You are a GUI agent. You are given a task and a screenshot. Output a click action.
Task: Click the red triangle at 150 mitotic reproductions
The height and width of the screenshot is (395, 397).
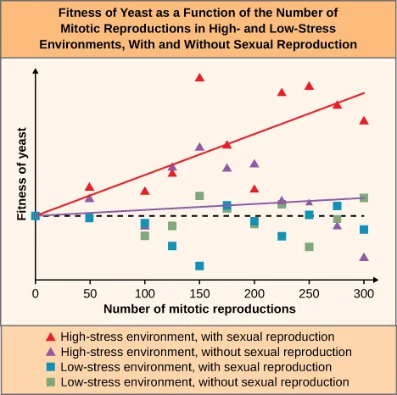[x=199, y=77]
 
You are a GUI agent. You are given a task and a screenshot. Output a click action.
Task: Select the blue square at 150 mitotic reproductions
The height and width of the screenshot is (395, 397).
[x=199, y=265]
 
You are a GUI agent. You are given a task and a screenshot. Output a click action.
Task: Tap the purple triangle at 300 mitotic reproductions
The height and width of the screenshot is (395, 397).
[x=364, y=257]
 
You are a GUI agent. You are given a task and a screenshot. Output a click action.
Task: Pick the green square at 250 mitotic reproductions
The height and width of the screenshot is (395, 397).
[x=310, y=247]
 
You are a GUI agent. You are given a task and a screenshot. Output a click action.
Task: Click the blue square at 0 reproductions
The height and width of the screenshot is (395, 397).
[x=36, y=215]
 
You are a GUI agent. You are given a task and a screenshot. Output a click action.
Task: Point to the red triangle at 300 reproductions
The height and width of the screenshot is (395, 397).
[x=364, y=120]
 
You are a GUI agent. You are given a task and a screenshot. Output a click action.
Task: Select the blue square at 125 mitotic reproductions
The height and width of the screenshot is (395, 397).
[x=172, y=246]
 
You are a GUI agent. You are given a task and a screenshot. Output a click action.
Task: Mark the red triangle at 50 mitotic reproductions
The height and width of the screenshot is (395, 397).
[x=90, y=186]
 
